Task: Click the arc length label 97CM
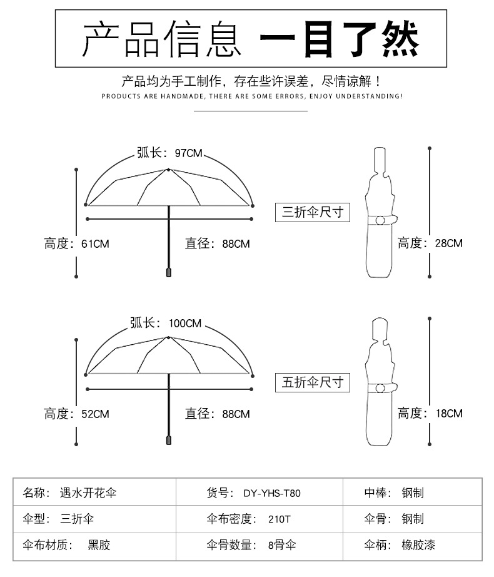coord(169,153)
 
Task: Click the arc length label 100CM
coord(165,323)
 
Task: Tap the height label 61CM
coord(76,243)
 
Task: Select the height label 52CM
coord(76,414)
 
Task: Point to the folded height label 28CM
coord(430,243)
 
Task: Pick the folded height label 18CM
coord(430,413)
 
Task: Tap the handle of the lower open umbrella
coord(168,439)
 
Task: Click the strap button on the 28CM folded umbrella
coord(380,220)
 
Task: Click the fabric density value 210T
coord(278,519)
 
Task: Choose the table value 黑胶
coord(99,545)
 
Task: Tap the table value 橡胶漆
coord(418,545)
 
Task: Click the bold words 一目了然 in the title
coord(340,38)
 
